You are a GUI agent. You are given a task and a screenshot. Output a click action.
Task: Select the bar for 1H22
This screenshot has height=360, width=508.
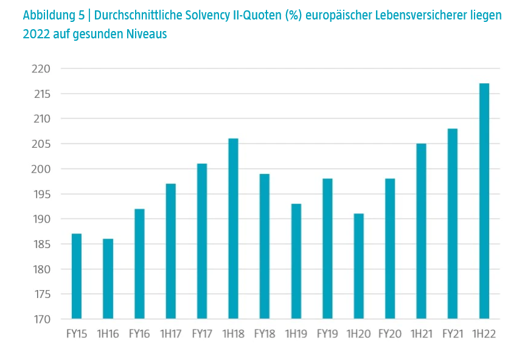click(484, 201)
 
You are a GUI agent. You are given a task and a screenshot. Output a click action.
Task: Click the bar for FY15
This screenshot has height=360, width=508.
click(77, 276)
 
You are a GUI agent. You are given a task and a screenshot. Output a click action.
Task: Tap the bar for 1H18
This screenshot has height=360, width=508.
click(233, 229)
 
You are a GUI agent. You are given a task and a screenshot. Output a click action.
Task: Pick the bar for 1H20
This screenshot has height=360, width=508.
click(359, 266)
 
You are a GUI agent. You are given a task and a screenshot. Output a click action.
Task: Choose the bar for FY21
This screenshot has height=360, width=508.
click(453, 224)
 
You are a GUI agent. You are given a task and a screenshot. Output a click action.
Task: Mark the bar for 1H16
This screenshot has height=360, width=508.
click(108, 279)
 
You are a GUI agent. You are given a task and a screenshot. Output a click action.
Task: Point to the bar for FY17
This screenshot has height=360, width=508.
click(202, 241)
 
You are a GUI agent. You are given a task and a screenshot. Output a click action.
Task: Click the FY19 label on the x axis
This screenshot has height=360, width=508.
click(327, 334)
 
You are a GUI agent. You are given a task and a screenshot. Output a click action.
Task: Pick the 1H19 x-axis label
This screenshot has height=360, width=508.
click(296, 334)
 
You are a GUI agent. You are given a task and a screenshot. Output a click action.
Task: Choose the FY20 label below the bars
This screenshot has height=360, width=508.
click(390, 334)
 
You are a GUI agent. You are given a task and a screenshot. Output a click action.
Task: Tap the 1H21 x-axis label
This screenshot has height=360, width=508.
click(421, 334)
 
